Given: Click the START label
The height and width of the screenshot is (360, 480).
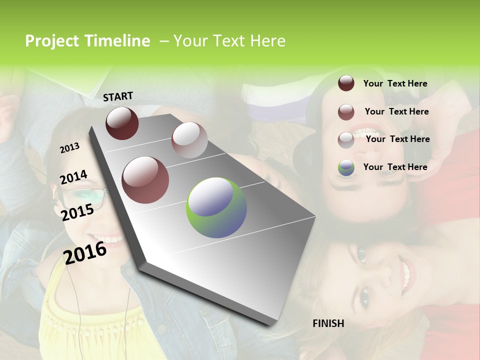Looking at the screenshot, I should pyautogui.click(x=118, y=96).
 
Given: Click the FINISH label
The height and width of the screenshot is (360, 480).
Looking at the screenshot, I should pyautogui.click(x=328, y=323).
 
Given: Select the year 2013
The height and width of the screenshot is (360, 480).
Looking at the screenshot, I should pyautogui.click(x=69, y=148).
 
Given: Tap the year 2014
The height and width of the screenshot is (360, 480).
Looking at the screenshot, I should pyautogui.click(x=73, y=177).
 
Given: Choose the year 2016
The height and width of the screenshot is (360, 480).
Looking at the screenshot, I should pyautogui.click(x=85, y=252).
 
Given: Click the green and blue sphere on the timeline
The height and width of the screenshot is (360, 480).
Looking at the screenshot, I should pyautogui.click(x=216, y=207).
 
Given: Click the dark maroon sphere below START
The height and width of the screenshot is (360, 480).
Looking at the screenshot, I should pyautogui.click(x=122, y=123).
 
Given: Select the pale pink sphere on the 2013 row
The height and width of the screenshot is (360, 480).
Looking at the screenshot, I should pyautogui.click(x=189, y=139).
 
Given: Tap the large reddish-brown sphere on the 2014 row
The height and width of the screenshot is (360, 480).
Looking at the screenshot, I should pyautogui.click(x=145, y=180).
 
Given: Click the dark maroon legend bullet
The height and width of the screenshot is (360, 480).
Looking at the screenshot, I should pyautogui.click(x=346, y=83).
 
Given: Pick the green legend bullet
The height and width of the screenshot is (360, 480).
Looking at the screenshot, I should pyautogui.click(x=346, y=167).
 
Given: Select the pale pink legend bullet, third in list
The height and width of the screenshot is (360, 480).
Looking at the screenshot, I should pyautogui.click(x=346, y=139).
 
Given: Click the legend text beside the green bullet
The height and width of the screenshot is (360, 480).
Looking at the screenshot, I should pyautogui.click(x=395, y=167).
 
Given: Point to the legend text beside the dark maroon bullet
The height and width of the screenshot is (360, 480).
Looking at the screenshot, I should pyautogui.click(x=395, y=83).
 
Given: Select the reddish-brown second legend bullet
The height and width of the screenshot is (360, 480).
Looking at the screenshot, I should pyautogui.click(x=346, y=112).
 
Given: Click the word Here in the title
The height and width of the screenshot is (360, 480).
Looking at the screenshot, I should pyautogui.click(x=267, y=41).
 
